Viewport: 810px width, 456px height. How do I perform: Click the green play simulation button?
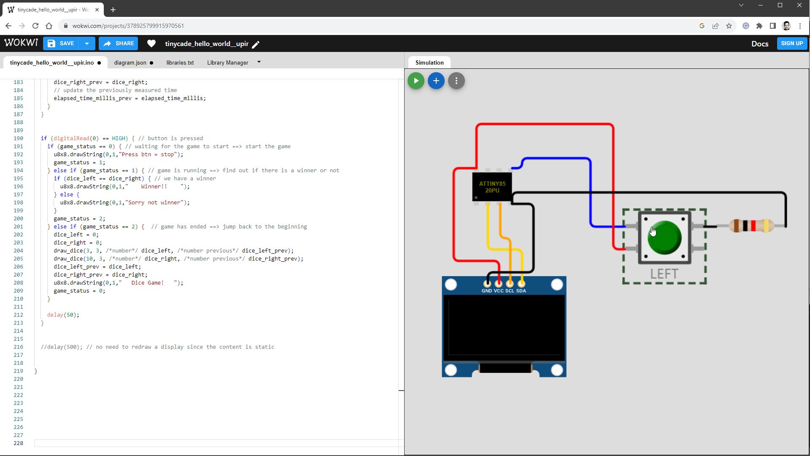click(416, 81)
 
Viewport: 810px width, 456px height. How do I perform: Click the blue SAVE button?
click(62, 43)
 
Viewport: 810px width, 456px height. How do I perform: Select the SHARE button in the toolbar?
click(119, 43)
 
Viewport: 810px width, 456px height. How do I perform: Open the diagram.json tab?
click(130, 62)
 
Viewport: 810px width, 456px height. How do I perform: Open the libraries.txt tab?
click(180, 62)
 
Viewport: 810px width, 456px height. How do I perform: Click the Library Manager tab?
click(227, 62)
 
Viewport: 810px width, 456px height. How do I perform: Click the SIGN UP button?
click(791, 43)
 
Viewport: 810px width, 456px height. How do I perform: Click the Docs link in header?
click(759, 44)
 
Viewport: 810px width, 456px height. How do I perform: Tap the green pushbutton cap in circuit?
click(664, 238)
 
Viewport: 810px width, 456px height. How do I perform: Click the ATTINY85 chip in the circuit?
click(492, 187)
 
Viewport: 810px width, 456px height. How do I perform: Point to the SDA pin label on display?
click(521, 291)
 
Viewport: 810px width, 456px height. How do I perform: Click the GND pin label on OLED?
click(486, 291)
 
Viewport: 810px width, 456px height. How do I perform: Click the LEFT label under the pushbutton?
click(664, 274)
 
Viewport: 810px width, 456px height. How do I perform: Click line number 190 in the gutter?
click(19, 138)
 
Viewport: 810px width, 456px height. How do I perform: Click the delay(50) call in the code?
click(63, 315)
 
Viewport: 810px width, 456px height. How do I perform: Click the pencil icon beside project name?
click(256, 44)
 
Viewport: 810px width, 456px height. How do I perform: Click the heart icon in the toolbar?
click(151, 43)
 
